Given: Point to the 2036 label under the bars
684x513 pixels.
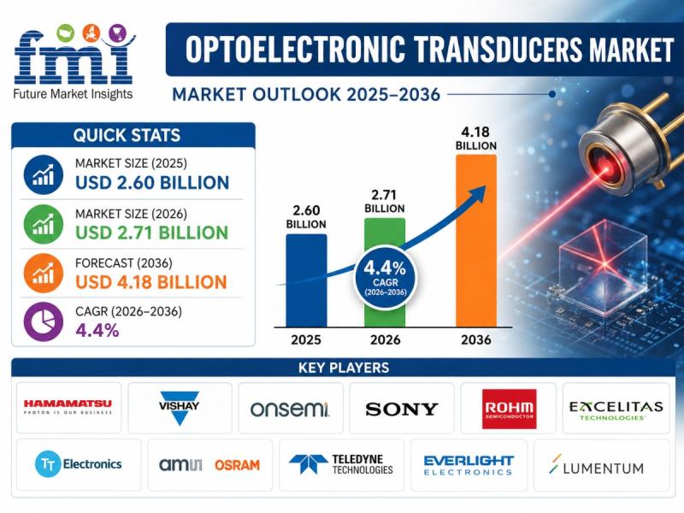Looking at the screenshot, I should [x=475, y=339].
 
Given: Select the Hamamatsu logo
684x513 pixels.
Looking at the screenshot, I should [x=68, y=408].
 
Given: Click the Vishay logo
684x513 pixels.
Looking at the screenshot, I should [x=180, y=407].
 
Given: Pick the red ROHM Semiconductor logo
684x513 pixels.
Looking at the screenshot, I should [x=510, y=408].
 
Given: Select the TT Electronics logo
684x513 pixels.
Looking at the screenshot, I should [x=79, y=464].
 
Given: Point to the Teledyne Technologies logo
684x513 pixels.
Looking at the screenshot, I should [x=341, y=464].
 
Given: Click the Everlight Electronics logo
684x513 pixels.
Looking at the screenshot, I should [x=468, y=465].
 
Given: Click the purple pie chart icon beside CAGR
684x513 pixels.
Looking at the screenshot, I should [x=41, y=320].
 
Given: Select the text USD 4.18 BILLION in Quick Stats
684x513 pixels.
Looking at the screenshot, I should [x=150, y=281].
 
